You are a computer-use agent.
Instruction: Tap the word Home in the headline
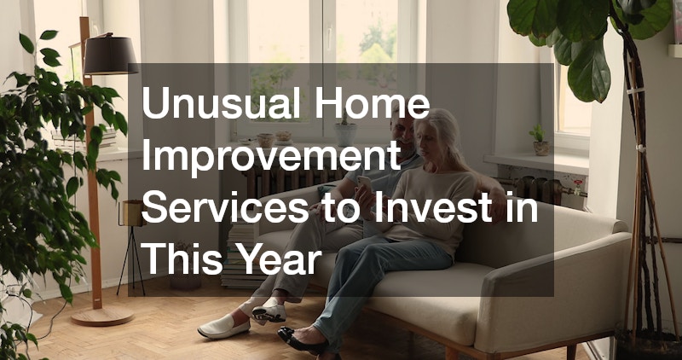pos(373,102)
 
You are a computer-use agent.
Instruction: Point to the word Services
pos(225,208)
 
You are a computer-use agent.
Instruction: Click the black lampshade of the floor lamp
pos(111,55)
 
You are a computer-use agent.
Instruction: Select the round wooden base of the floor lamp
pos(102,316)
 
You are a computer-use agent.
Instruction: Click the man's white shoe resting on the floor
pos(223,327)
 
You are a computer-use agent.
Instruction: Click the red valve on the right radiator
pos(577,184)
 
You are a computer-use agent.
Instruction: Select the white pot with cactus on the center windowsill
pos(345,131)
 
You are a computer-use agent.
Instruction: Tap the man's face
pos(401,132)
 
